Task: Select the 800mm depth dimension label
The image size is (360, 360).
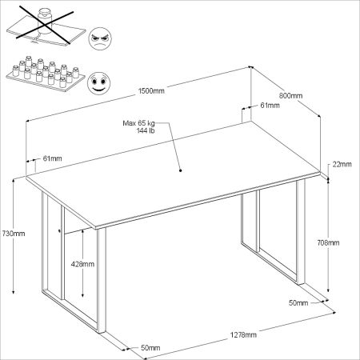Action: (x=291, y=95)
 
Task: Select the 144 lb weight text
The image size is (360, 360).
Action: (x=145, y=130)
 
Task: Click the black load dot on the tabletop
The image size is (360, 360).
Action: (x=181, y=170)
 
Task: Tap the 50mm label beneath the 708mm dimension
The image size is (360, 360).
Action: (x=298, y=303)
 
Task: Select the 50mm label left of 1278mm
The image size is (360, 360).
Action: (x=149, y=348)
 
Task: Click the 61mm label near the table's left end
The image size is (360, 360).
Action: (x=52, y=158)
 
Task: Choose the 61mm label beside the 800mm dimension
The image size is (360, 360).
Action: (x=270, y=105)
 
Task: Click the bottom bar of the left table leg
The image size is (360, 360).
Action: (x=76, y=317)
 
